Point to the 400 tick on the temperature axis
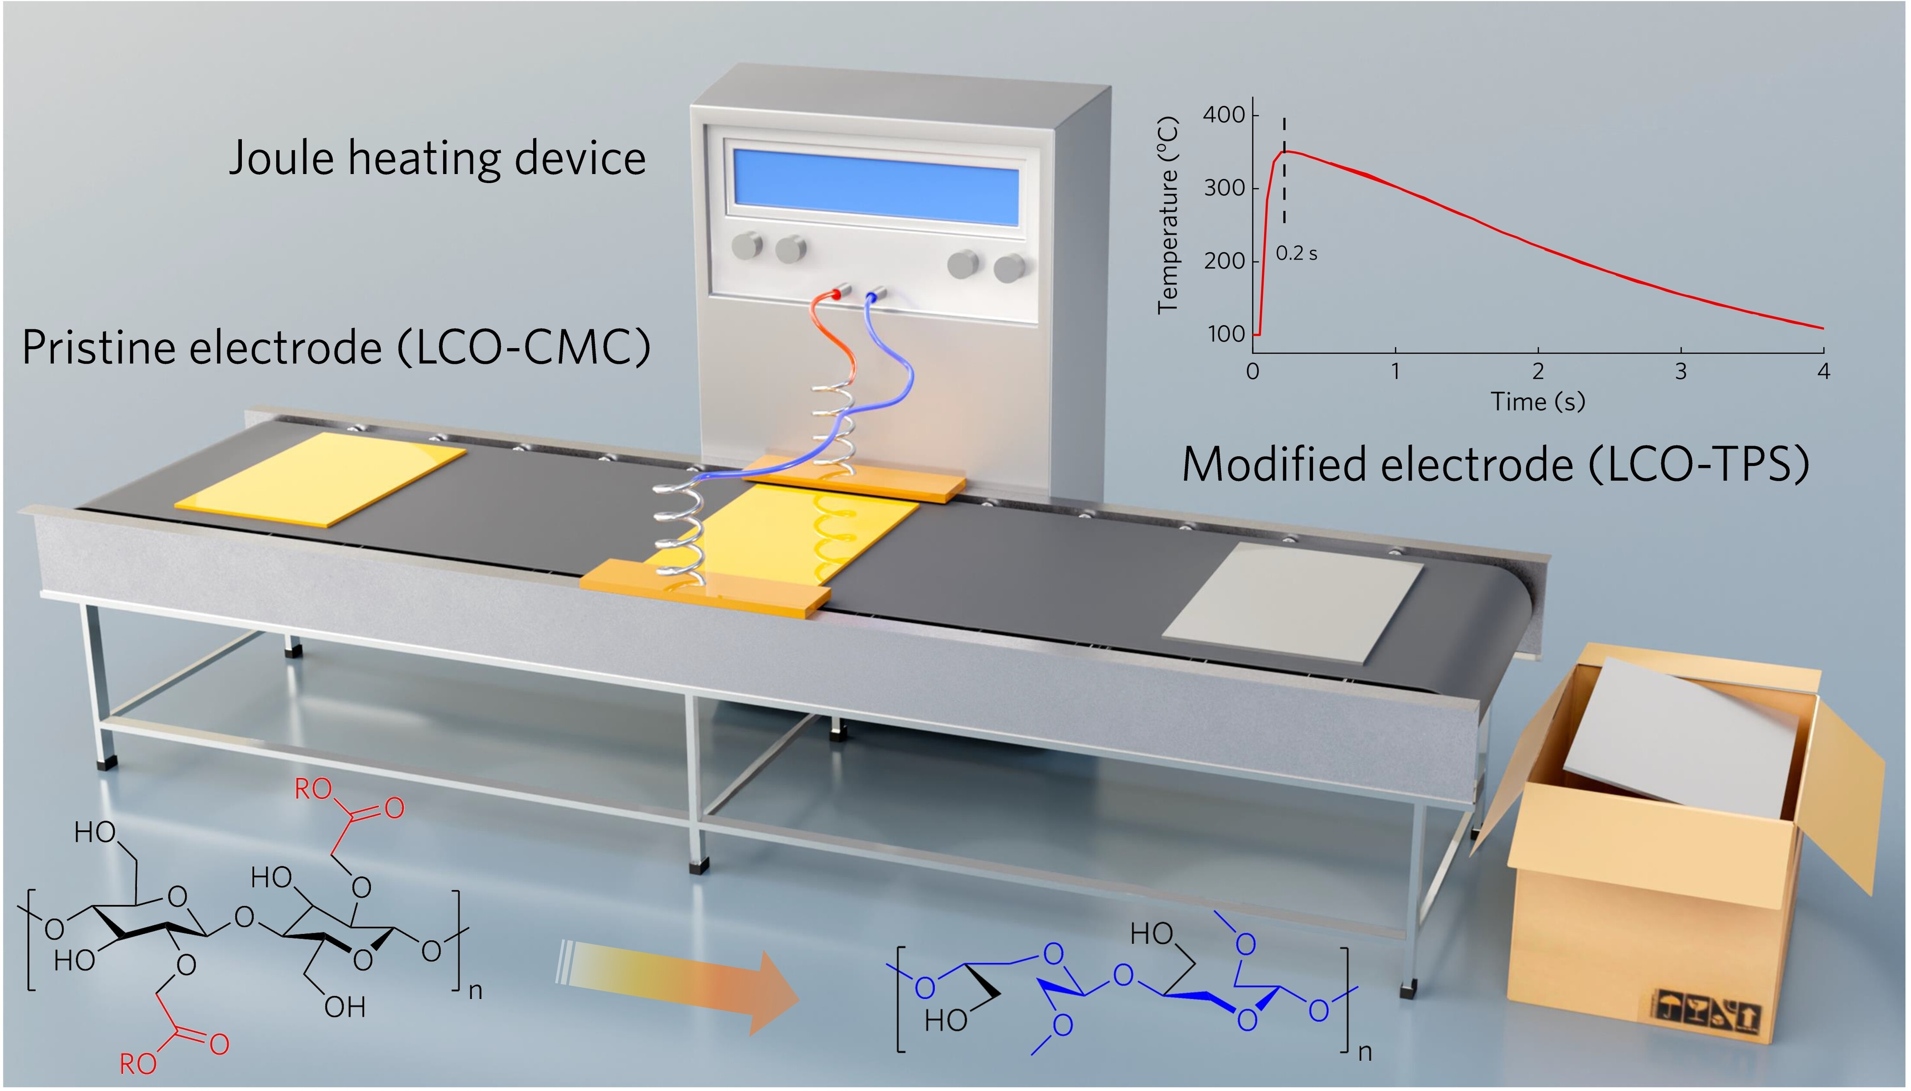click(1223, 115)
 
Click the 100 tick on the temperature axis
click(1226, 334)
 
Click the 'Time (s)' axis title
click(1538, 402)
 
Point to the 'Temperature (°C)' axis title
click(1168, 215)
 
